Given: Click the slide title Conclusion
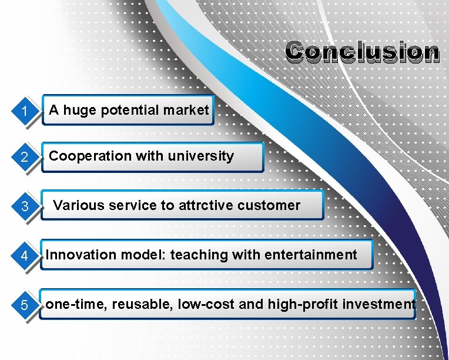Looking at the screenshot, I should pyautogui.click(x=362, y=52).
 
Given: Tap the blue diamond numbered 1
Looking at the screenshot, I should pyautogui.click(x=24, y=111).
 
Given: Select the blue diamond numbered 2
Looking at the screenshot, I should pyautogui.click(x=24, y=157).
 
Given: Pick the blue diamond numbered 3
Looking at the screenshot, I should pyautogui.click(x=24, y=206).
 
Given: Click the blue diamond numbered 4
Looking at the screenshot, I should pyautogui.click(x=24, y=256).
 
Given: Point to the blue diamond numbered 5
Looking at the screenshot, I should pyautogui.click(x=24, y=305).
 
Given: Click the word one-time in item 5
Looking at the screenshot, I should pyautogui.click(x=68, y=304).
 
